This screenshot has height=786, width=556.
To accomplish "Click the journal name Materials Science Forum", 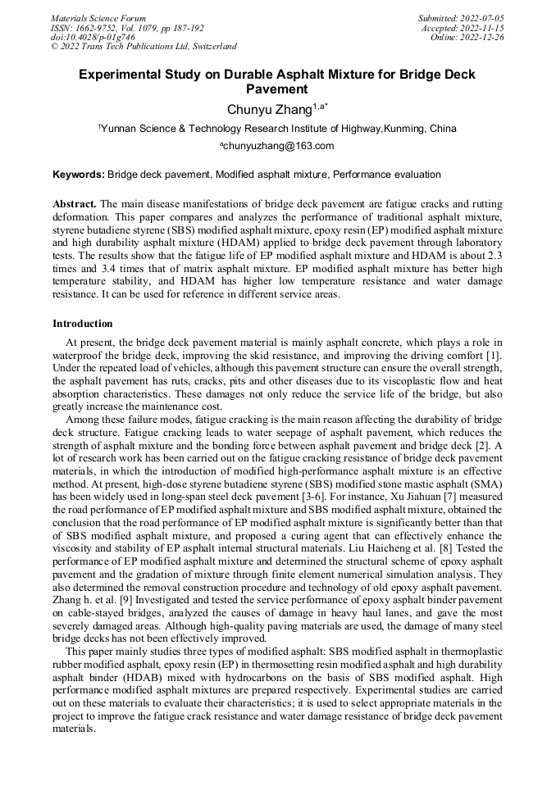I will [x=98, y=18].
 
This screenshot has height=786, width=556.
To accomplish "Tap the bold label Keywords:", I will [x=79, y=175].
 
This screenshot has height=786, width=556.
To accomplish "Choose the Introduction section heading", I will [x=83, y=324].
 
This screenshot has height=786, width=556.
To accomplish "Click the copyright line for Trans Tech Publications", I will [x=144, y=47].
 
